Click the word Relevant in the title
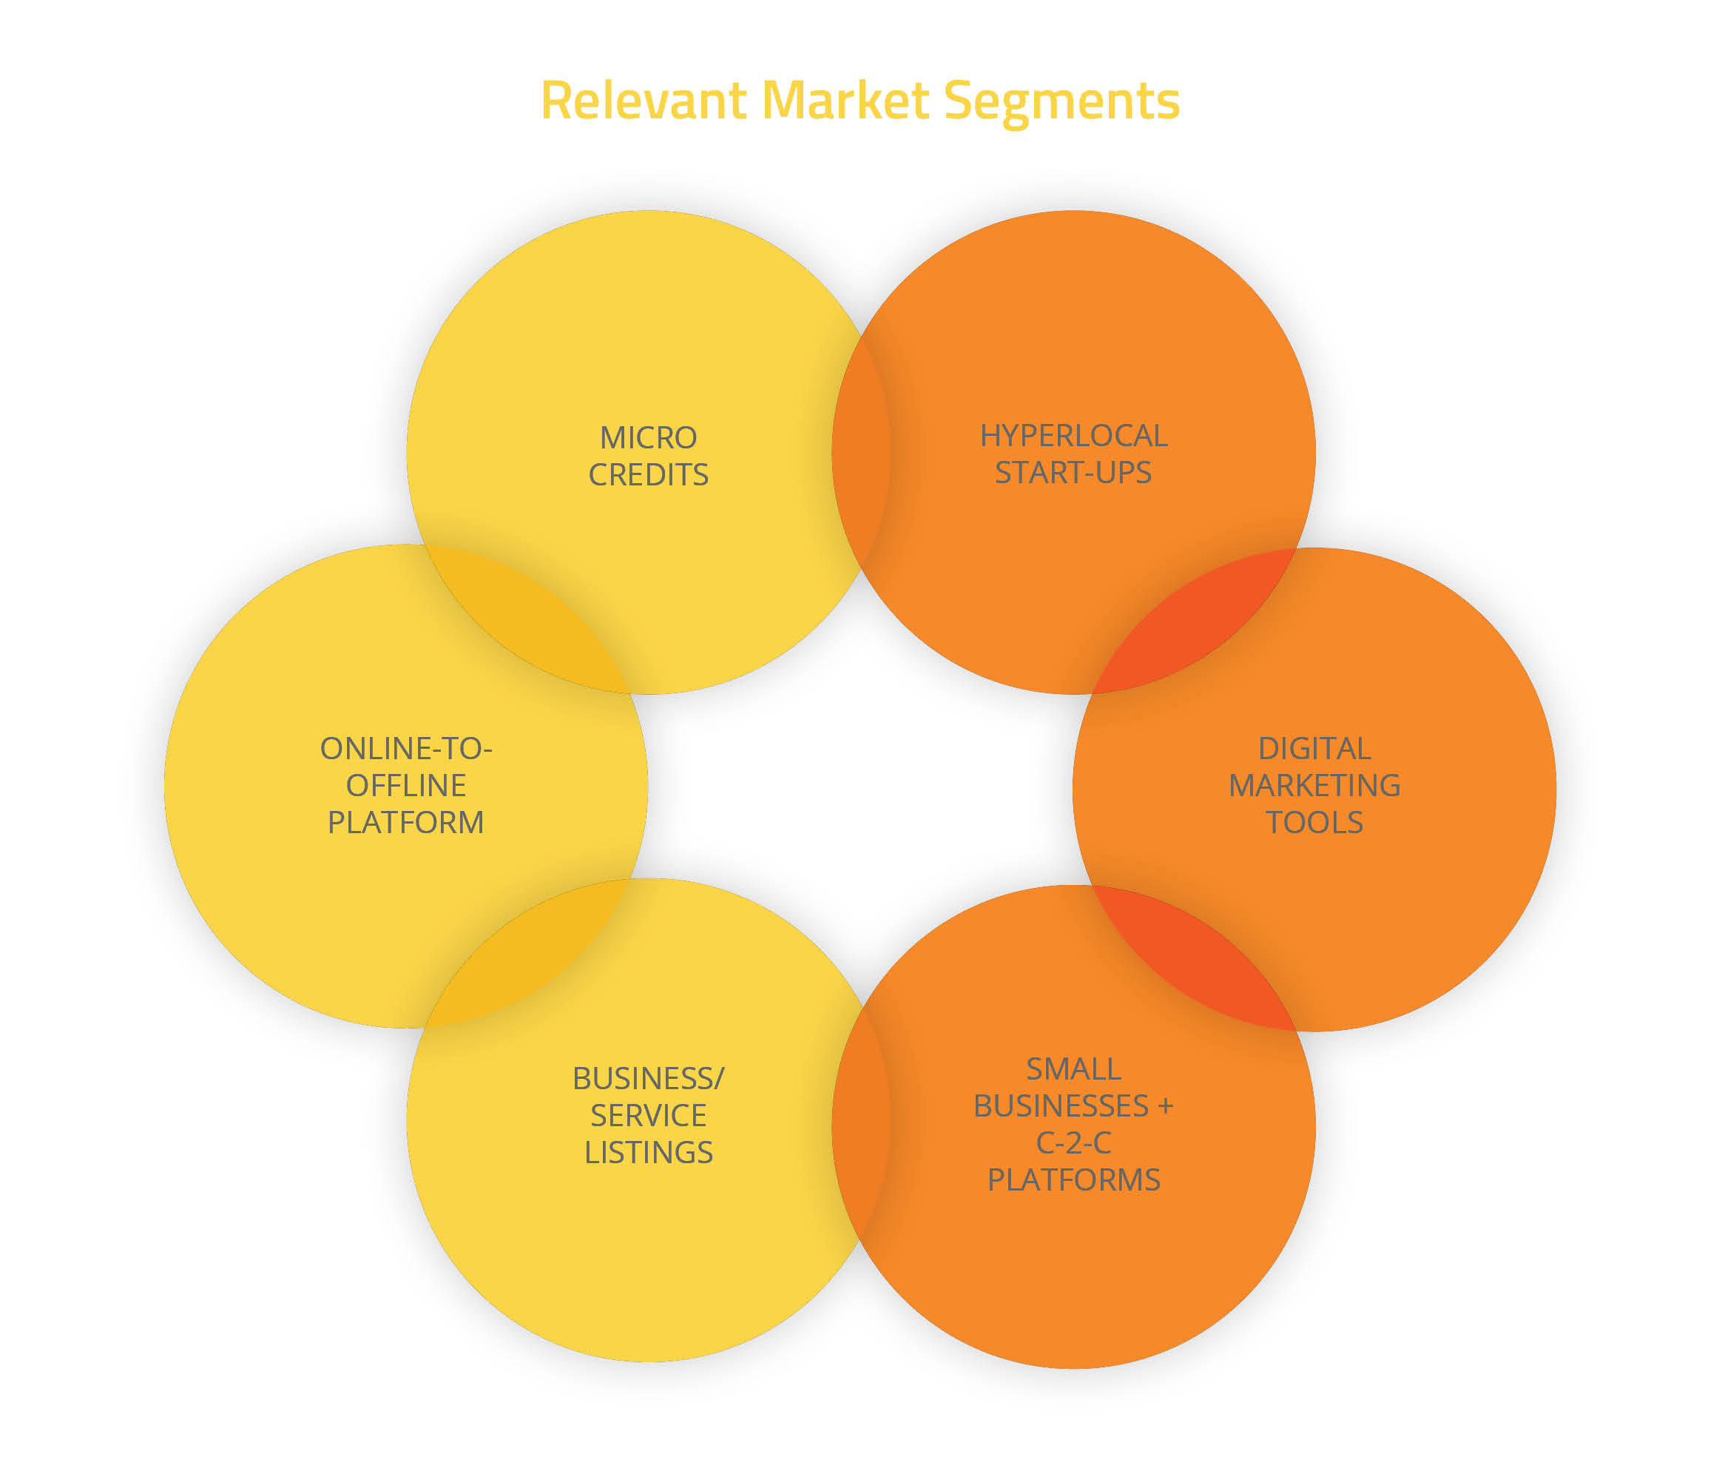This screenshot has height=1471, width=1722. point(643,101)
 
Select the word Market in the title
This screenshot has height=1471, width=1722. point(845,101)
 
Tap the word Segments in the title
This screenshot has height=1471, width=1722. point(1061,102)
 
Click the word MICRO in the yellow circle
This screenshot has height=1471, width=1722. point(648,437)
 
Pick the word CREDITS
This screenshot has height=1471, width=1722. point(648,475)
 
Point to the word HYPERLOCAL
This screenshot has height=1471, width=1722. point(1074,435)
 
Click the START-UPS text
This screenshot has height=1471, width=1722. point(1073,472)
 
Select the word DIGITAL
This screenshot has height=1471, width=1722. point(1314,748)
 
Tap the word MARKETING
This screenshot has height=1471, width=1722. point(1314,785)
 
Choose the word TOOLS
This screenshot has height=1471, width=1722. point(1314,822)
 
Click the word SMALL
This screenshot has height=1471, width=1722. point(1073,1068)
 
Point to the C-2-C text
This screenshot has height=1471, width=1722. point(1073,1142)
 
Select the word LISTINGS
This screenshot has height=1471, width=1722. point(648,1153)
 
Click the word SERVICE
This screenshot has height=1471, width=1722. point(648,1115)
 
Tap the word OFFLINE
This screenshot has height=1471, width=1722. point(405,785)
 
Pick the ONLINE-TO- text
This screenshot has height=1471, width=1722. point(405,748)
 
